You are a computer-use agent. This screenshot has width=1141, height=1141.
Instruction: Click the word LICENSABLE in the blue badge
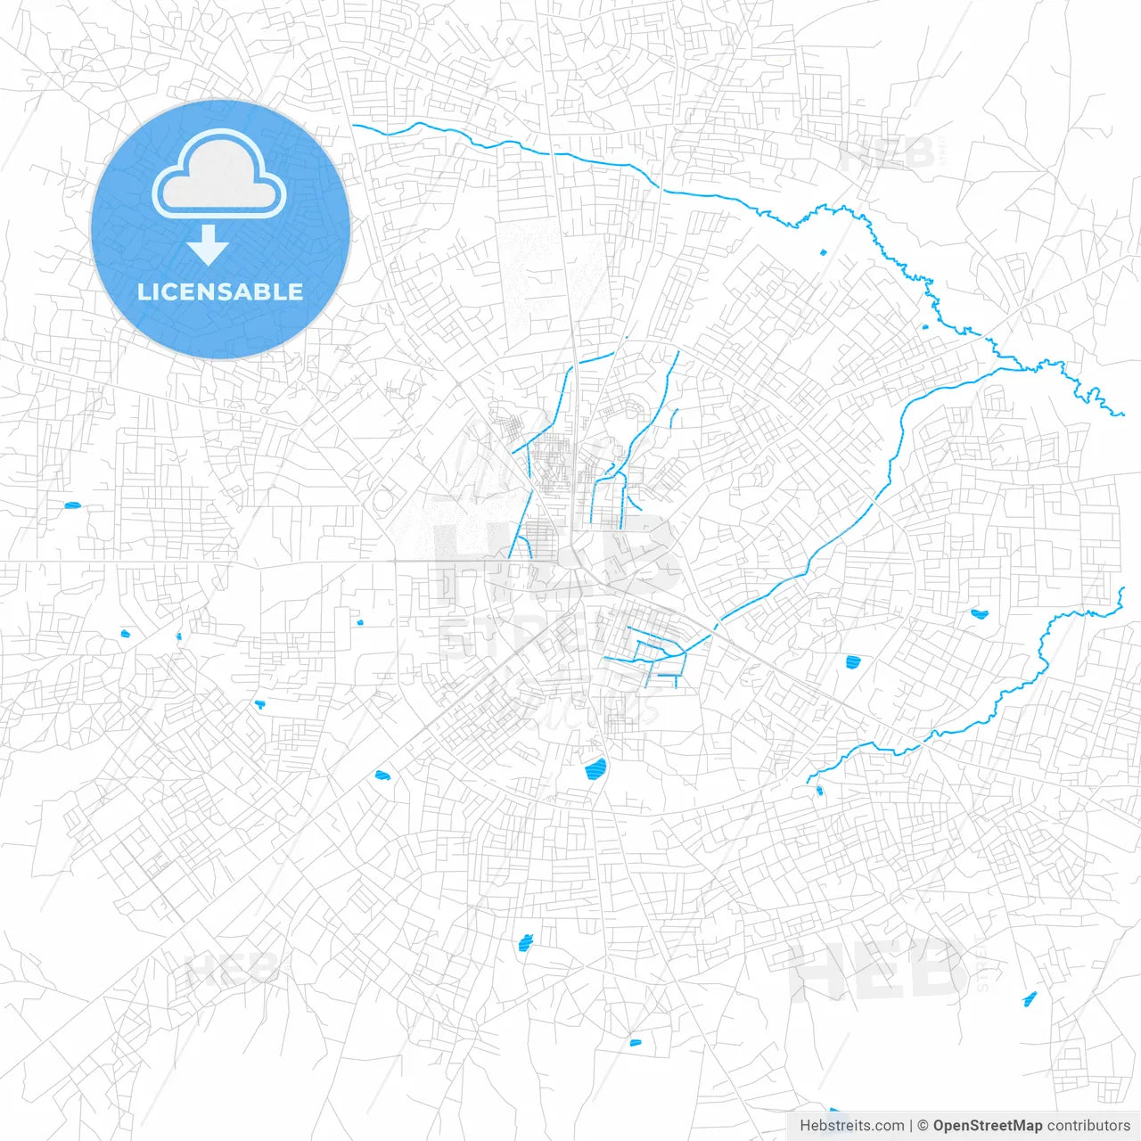(x=220, y=291)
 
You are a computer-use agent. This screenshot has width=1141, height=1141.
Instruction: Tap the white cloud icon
(x=219, y=175)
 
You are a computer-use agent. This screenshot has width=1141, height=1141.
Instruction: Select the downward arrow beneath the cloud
(x=208, y=246)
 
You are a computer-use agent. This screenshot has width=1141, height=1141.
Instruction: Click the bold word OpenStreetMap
(x=987, y=1126)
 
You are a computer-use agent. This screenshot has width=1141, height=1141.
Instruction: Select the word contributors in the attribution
(x=1088, y=1126)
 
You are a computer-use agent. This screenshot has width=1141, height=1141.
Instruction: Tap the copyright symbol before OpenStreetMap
(x=923, y=1126)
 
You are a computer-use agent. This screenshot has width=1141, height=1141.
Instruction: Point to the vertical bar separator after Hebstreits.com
(x=910, y=1126)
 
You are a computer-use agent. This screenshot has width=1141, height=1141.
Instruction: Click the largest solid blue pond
(x=595, y=768)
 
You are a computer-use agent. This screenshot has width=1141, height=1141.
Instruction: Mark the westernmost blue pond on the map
(x=72, y=506)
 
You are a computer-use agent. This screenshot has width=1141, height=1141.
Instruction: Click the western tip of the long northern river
(x=354, y=126)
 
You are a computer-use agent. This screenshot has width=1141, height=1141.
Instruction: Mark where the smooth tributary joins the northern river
(x=1025, y=368)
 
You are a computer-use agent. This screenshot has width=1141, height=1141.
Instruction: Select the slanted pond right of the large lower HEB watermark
(x=1030, y=999)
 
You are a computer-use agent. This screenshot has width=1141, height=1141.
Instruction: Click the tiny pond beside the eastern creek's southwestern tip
(x=819, y=790)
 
